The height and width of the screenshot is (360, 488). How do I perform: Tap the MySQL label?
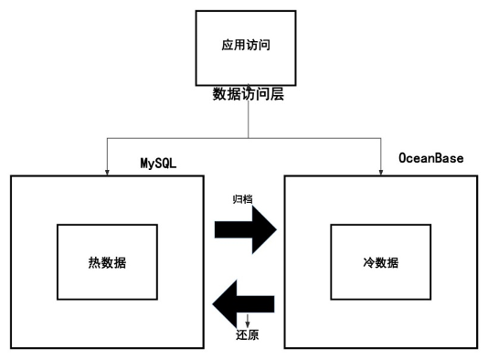point(157,163)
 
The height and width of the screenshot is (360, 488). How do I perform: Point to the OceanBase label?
point(430,159)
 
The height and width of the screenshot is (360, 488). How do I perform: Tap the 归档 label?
point(242,197)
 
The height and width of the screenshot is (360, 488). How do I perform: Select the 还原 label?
point(247,335)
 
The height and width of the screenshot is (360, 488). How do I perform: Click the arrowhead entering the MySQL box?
point(108,169)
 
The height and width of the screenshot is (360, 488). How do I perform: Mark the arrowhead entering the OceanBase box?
point(380,169)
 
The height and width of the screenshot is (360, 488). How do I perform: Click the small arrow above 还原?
point(248,323)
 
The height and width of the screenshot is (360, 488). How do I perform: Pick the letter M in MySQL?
point(143,163)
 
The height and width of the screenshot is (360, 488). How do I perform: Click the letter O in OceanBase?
point(402,159)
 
